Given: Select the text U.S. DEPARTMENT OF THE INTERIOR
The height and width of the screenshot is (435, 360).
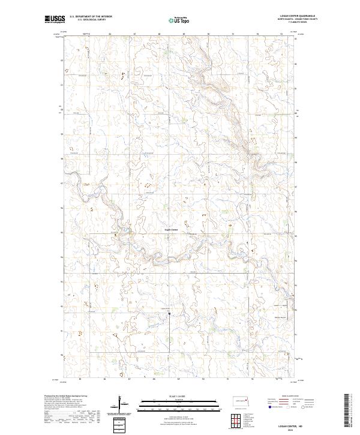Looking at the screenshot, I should (x=91, y=17).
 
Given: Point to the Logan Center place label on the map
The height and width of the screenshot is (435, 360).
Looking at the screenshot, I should (x=172, y=230).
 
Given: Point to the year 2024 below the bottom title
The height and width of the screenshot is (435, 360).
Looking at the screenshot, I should (x=307, y=428).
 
